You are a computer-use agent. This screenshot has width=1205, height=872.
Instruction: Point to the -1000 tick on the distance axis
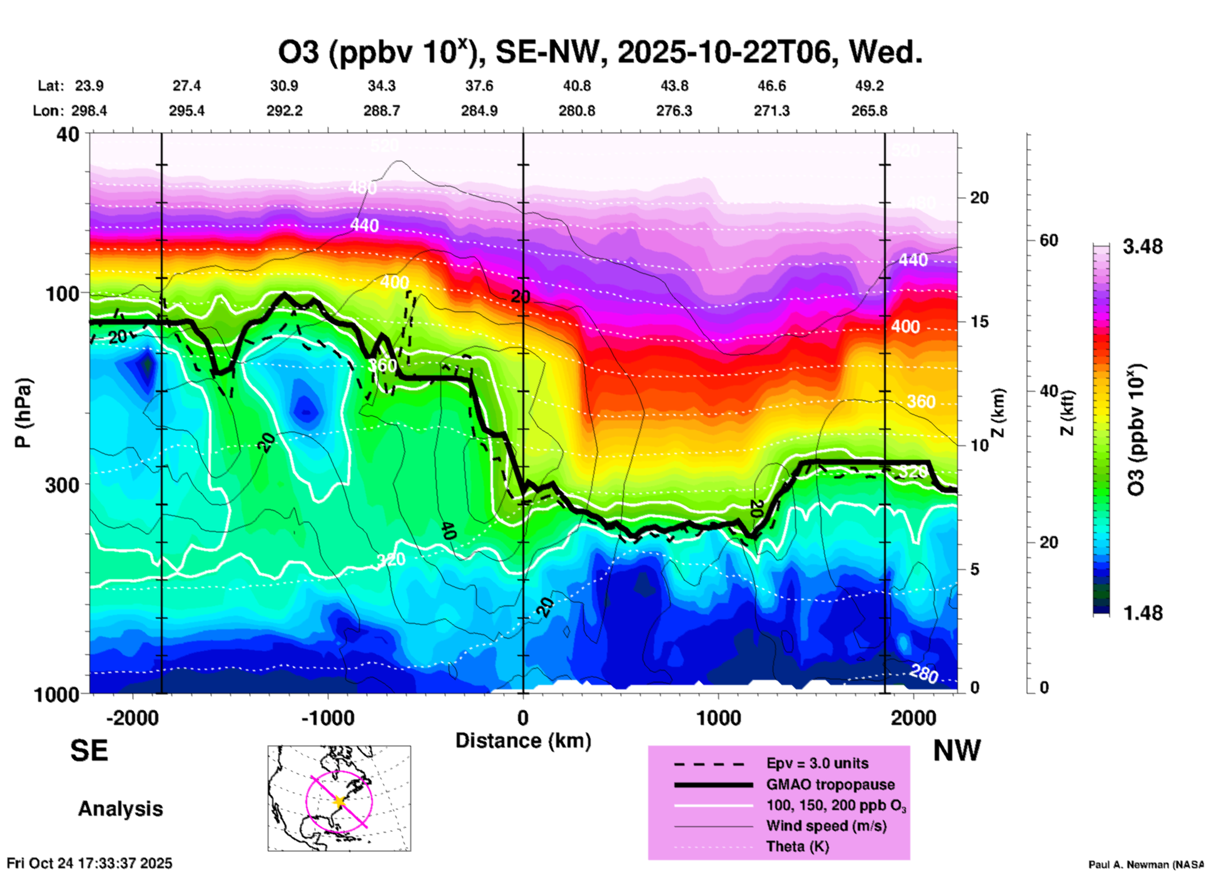pyautogui.click(x=328, y=717)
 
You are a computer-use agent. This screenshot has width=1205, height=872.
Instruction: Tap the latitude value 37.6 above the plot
pyautogui.click(x=479, y=86)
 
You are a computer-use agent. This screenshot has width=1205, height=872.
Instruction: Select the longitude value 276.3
pyautogui.click(x=674, y=111)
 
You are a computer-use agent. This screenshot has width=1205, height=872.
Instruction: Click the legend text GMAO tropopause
pyautogui.click(x=830, y=784)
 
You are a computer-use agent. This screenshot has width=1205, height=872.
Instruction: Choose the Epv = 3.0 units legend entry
pyautogui.click(x=817, y=763)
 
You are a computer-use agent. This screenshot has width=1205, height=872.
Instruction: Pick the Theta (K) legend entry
pyautogui.click(x=797, y=846)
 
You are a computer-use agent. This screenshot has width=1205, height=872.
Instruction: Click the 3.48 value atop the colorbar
pyautogui.click(x=1142, y=246)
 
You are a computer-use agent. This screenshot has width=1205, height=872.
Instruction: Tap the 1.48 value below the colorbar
pyautogui.click(x=1142, y=612)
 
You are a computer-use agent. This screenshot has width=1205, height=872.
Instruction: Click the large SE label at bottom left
pyautogui.click(x=89, y=751)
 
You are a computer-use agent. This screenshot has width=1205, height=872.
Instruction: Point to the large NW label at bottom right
pyautogui.click(x=957, y=751)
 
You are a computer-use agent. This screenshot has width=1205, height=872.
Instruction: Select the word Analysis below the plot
pyautogui.click(x=120, y=809)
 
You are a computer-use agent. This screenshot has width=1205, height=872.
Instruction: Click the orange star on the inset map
pyautogui.click(x=339, y=801)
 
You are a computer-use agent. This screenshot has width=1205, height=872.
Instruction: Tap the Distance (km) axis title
pyautogui.click(x=523, y=741)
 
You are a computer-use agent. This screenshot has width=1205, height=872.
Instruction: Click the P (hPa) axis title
pyautogui.click(x=23, y=413)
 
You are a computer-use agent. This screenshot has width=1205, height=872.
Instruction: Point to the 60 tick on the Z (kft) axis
pyautogui.click(x=1049, y=240)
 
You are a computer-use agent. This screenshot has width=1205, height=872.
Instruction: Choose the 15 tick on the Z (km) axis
pyautogui.click(x=979, y=322)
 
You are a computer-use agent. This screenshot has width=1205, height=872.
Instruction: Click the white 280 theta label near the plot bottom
pyautogui.click(x=923, y=674)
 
